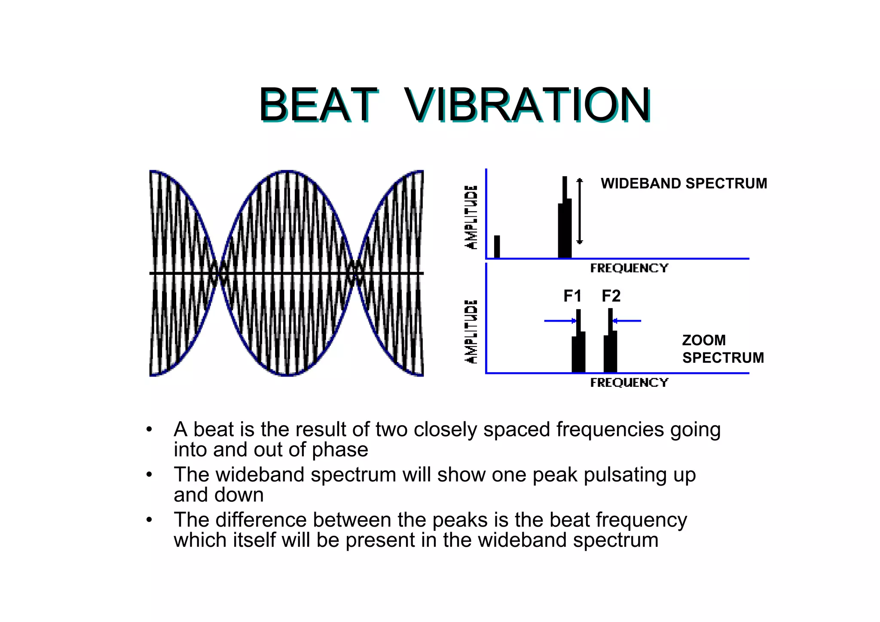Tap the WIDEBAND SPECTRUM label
684,184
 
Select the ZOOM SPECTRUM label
723,349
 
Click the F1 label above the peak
572,296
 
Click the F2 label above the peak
611,296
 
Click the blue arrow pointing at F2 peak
627,321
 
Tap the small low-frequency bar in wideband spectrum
497,247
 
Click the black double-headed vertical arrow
580,211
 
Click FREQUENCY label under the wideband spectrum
629,268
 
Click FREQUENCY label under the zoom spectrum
629,383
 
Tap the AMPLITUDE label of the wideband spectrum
471,217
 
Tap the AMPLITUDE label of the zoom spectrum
471,331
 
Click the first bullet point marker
149,429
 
